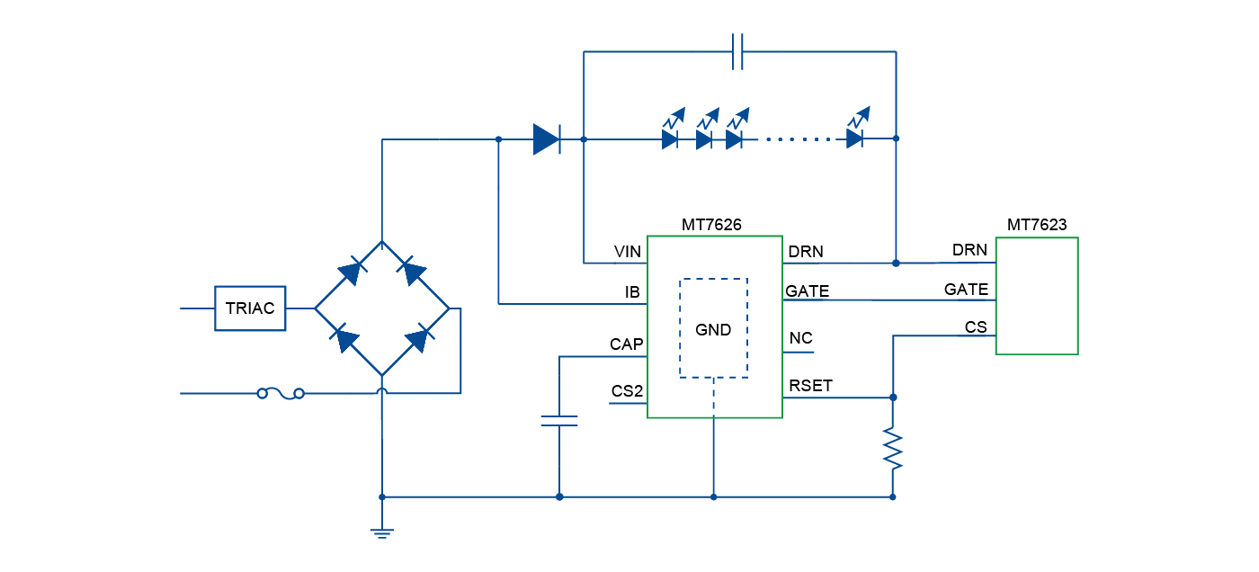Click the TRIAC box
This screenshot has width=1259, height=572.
pos(250,308)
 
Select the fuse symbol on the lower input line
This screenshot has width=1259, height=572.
pos(281,393)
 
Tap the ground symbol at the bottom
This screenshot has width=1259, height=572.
pos(382,532)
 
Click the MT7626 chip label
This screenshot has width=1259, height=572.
pos(711,225)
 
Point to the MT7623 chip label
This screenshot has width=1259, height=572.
pos(1036,225)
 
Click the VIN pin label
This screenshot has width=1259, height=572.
pos(627,252)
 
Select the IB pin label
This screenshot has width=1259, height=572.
pos(632,292)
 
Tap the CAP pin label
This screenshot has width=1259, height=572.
pos(626,344)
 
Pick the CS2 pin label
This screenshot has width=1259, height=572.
pos(627,391)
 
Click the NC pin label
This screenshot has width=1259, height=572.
pos(800,338)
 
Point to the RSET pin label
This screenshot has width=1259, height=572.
pos(810,386)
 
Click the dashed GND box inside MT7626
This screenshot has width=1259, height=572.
pos(713,328)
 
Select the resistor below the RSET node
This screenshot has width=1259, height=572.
pos(893,448)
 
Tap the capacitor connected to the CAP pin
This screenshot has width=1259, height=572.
pos(559,420)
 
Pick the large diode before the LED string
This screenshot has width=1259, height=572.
pos(546,139)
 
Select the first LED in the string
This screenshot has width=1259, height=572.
pos(670,139)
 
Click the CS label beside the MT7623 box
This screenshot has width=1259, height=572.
pos(976,327)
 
